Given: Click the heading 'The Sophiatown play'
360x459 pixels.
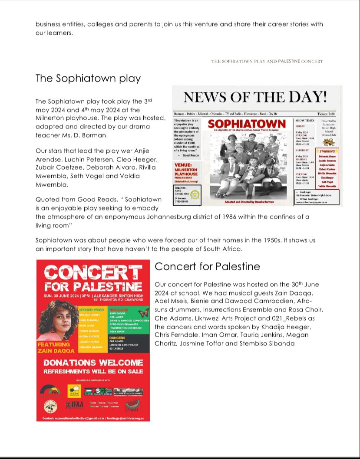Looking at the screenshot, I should click(x=88, y=79).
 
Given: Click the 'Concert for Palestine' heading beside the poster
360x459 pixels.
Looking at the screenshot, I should click(x=207, y=266).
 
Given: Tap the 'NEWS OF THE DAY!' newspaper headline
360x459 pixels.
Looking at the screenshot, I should click(x=255, y=97).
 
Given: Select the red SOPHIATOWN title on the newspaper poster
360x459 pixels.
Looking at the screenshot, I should click(x=247, y=124).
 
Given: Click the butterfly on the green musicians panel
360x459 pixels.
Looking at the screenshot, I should click(x=143, y=312).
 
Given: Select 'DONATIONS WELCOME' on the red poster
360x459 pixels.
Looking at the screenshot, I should click(x=93, y=362).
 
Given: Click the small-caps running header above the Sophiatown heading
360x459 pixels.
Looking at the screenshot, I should click(x=267, y=62).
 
